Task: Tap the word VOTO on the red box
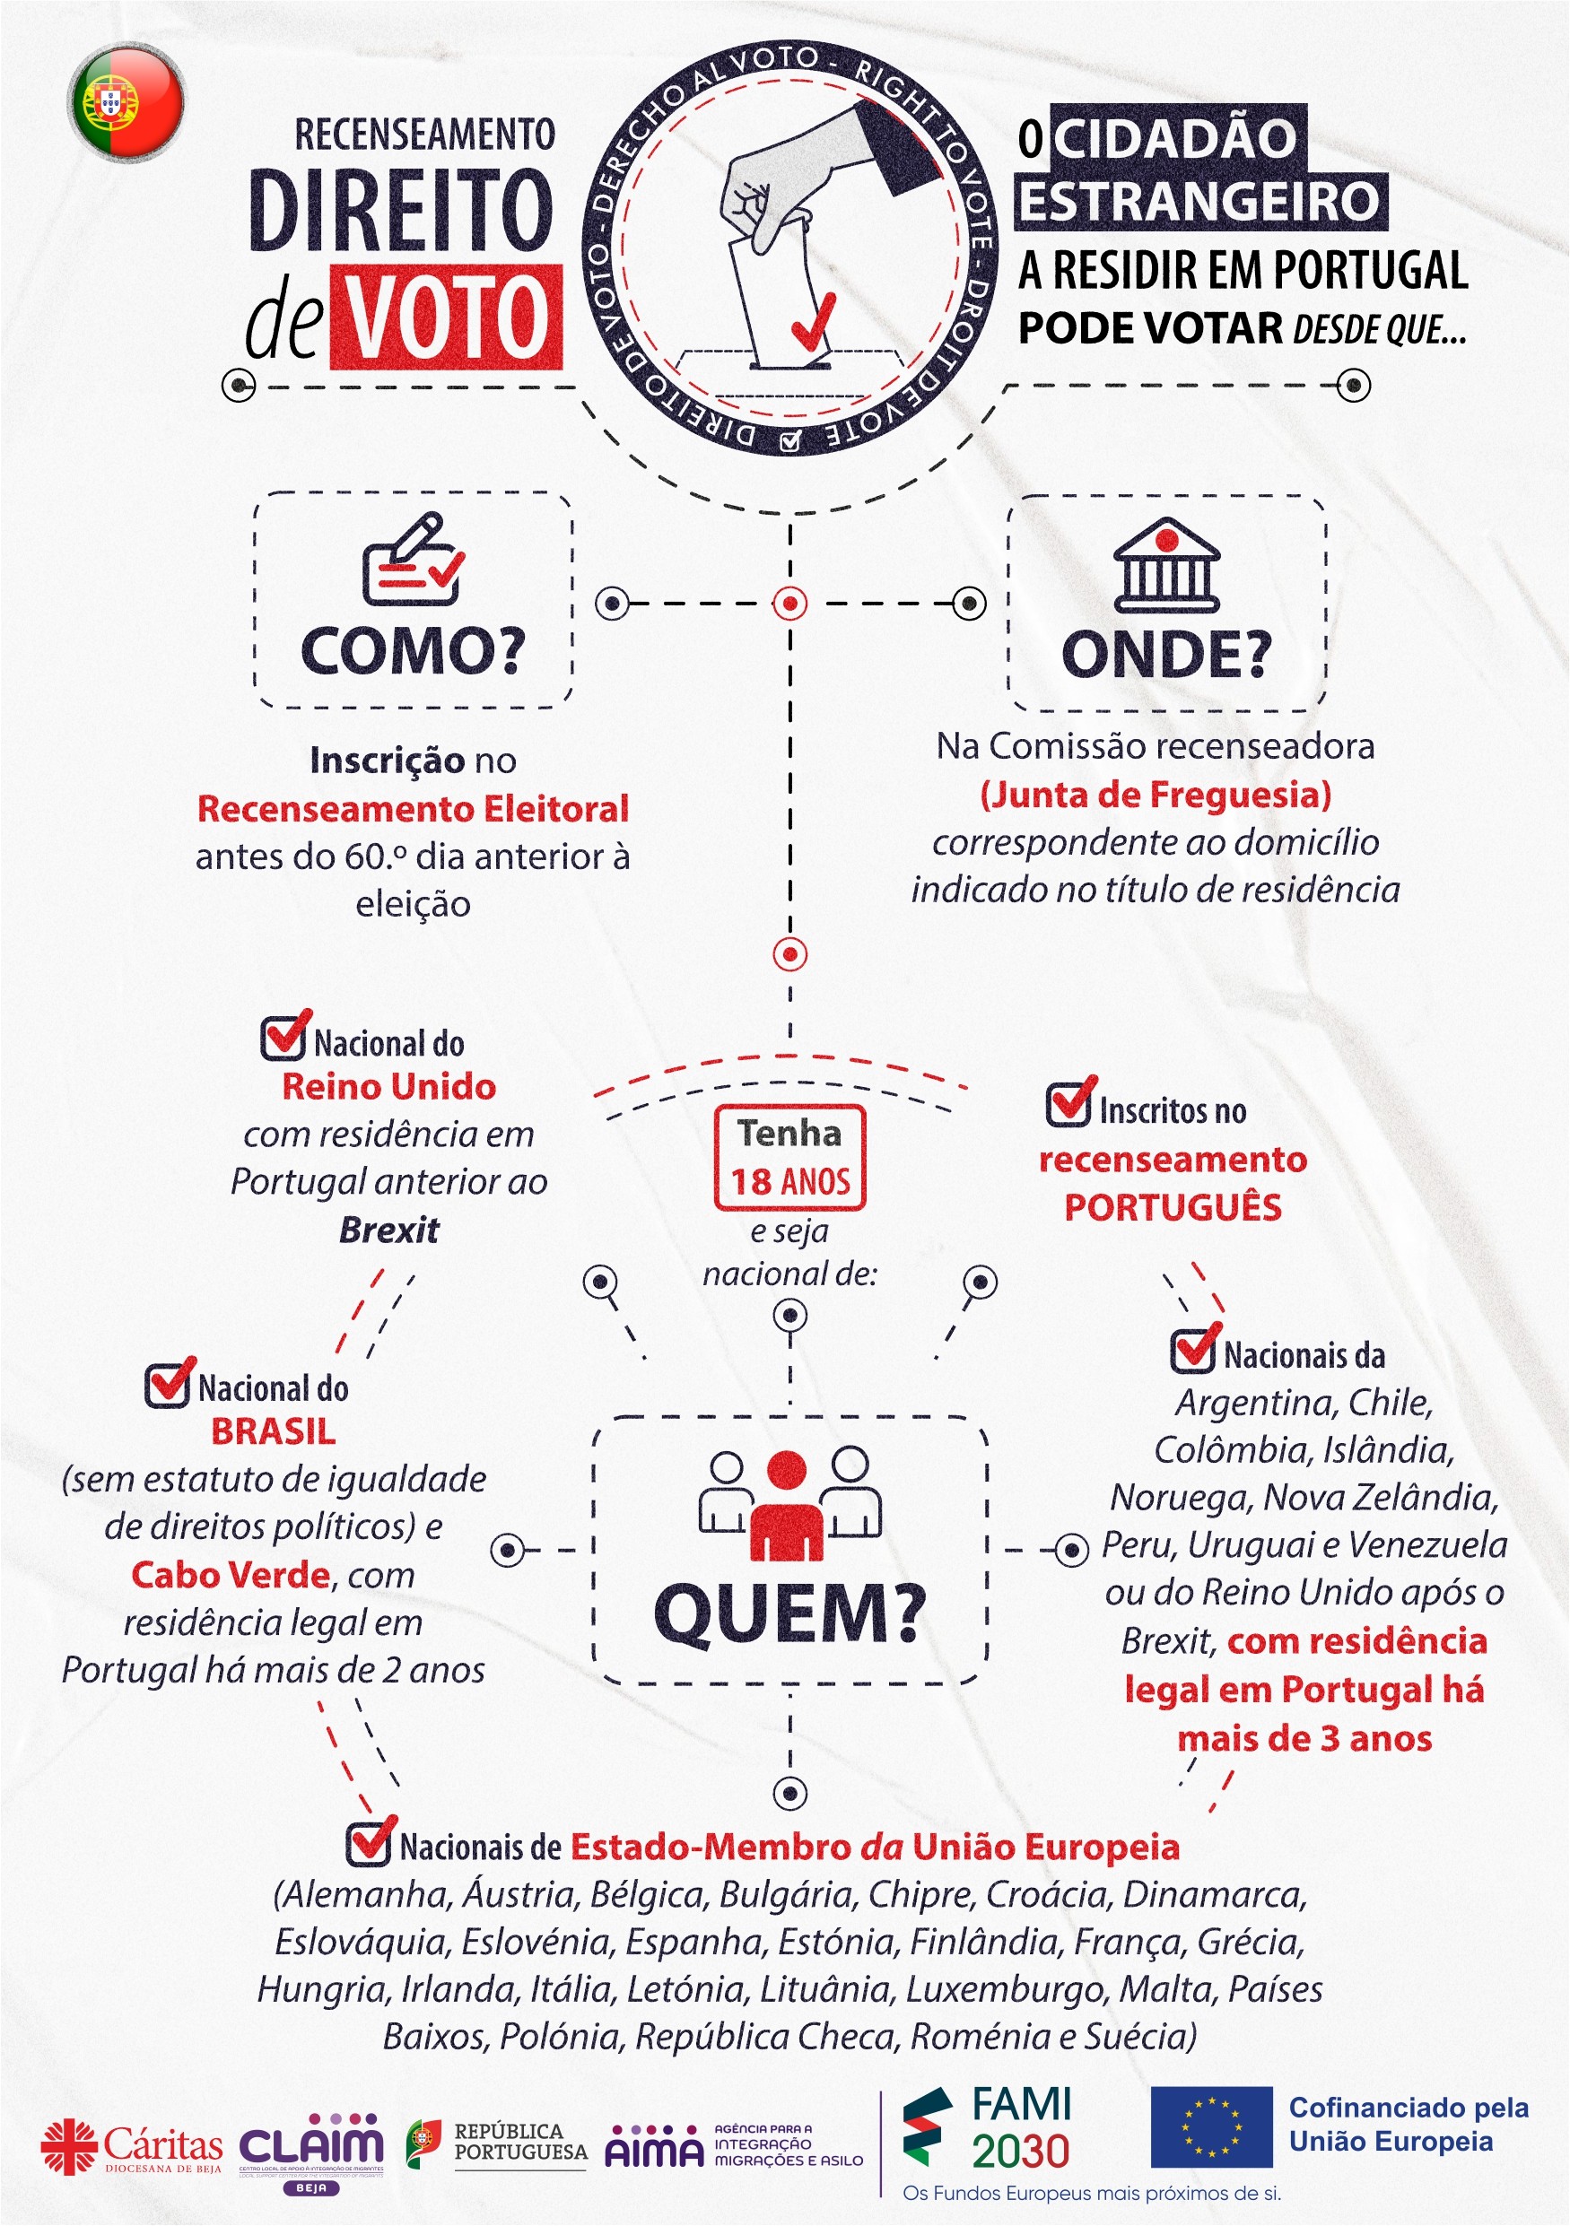[446, 317]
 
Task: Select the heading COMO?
[413, 650]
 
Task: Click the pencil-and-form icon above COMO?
[413, 560]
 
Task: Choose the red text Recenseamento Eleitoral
[413, 809]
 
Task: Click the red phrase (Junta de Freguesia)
[1155, 795]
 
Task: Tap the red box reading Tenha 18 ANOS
[789, 1158]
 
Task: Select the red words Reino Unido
[388, 1087]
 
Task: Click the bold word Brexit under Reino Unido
[388, 1230]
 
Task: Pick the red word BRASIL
[274, 1432]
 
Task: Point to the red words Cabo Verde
[231, 1576]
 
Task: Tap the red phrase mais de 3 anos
[1304, 1738]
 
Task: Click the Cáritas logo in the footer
[131, 2146]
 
